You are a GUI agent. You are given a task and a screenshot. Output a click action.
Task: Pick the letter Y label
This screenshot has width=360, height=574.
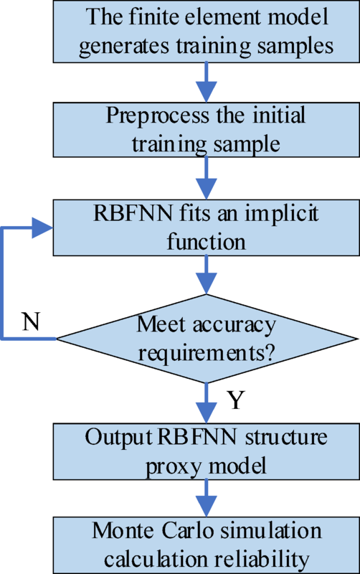click(x=236, y=400)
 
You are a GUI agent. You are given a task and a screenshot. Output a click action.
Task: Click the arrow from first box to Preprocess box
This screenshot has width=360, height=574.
click(x=207, y=80)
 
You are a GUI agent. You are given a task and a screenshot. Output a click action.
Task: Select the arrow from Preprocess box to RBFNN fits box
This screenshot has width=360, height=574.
click(x=207, y=179)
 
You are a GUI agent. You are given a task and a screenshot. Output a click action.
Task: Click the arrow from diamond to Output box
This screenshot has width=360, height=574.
click(x=207, y=402)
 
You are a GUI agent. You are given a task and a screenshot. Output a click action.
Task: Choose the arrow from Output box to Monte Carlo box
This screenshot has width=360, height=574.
click(x=207, y=497)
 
